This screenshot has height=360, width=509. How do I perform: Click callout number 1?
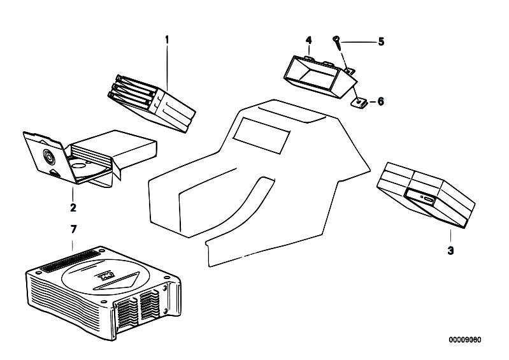(167, 39)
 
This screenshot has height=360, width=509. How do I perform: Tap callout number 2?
(73, 207)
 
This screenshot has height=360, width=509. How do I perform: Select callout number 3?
(450, 251)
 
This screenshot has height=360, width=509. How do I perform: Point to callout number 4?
(309, 40)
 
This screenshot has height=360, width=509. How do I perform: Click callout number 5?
(381, 42)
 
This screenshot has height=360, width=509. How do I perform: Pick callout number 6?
(381, 101)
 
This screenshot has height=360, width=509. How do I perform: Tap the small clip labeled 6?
(361, 101)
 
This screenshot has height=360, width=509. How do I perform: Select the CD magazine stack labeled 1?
(150, 100)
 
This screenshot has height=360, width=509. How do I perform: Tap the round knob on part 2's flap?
(48, 155)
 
